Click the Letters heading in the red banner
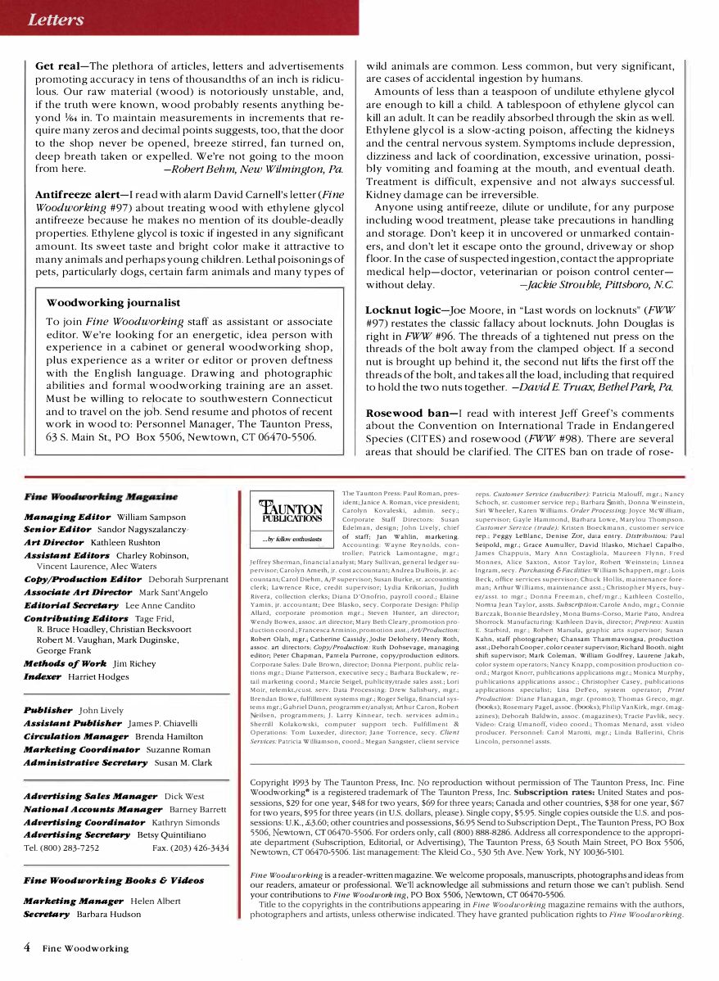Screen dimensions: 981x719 pyautogui.click(x=55, y=18)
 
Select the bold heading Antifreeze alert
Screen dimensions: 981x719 pyautogui.click(x=77, y=195)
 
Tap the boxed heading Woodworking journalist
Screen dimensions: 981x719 pyautogui.click(x=113, y=303)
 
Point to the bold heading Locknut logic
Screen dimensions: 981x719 pyautogui.click(x=406, y=311)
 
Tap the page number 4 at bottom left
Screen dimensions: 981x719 pyautogui.click(x=27, y=947)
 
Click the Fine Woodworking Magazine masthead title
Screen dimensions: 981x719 pyautogui.click(x=101, y=497)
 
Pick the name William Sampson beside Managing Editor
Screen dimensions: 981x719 pyautogui.click(x=151, y=518)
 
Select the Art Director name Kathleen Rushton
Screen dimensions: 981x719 pyautogui.click(x=125, y=542)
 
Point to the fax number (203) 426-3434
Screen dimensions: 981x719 pyautogui.click(x=198, y=848)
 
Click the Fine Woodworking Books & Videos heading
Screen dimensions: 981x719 pyautogui.click(x=114, y=880)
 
